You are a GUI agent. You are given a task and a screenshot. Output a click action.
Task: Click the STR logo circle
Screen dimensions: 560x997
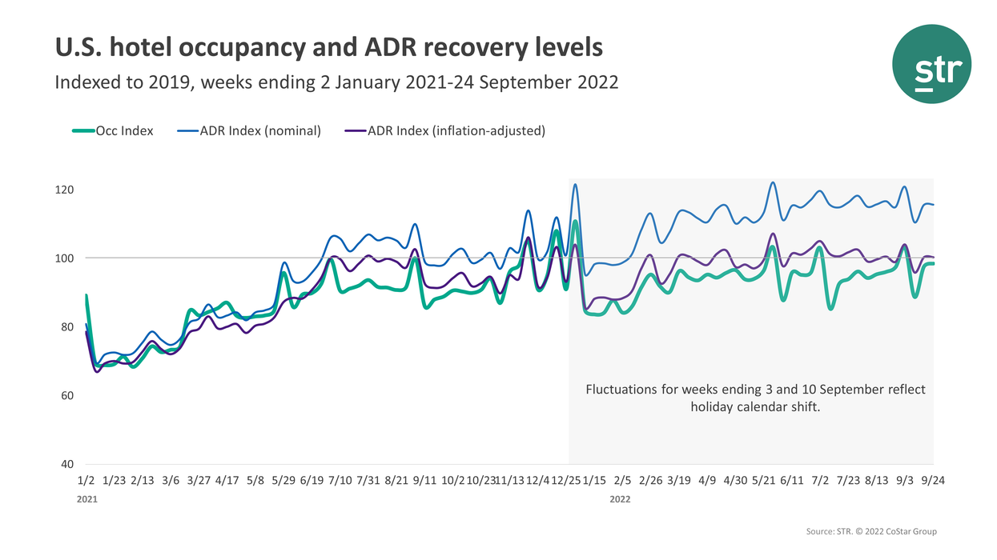931,64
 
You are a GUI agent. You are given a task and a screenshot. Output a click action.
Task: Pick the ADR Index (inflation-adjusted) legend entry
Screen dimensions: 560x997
456,130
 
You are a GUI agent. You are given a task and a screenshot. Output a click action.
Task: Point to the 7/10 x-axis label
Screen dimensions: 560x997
340,481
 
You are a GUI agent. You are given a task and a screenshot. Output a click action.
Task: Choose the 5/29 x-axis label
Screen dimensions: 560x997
283,481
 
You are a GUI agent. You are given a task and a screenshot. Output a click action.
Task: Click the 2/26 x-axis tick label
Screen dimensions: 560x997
650,481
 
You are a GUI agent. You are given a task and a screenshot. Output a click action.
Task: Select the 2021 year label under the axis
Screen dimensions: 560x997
87,499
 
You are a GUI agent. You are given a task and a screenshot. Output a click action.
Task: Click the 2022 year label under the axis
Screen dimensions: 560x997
620,499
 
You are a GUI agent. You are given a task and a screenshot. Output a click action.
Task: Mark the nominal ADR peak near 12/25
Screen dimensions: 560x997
575,185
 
